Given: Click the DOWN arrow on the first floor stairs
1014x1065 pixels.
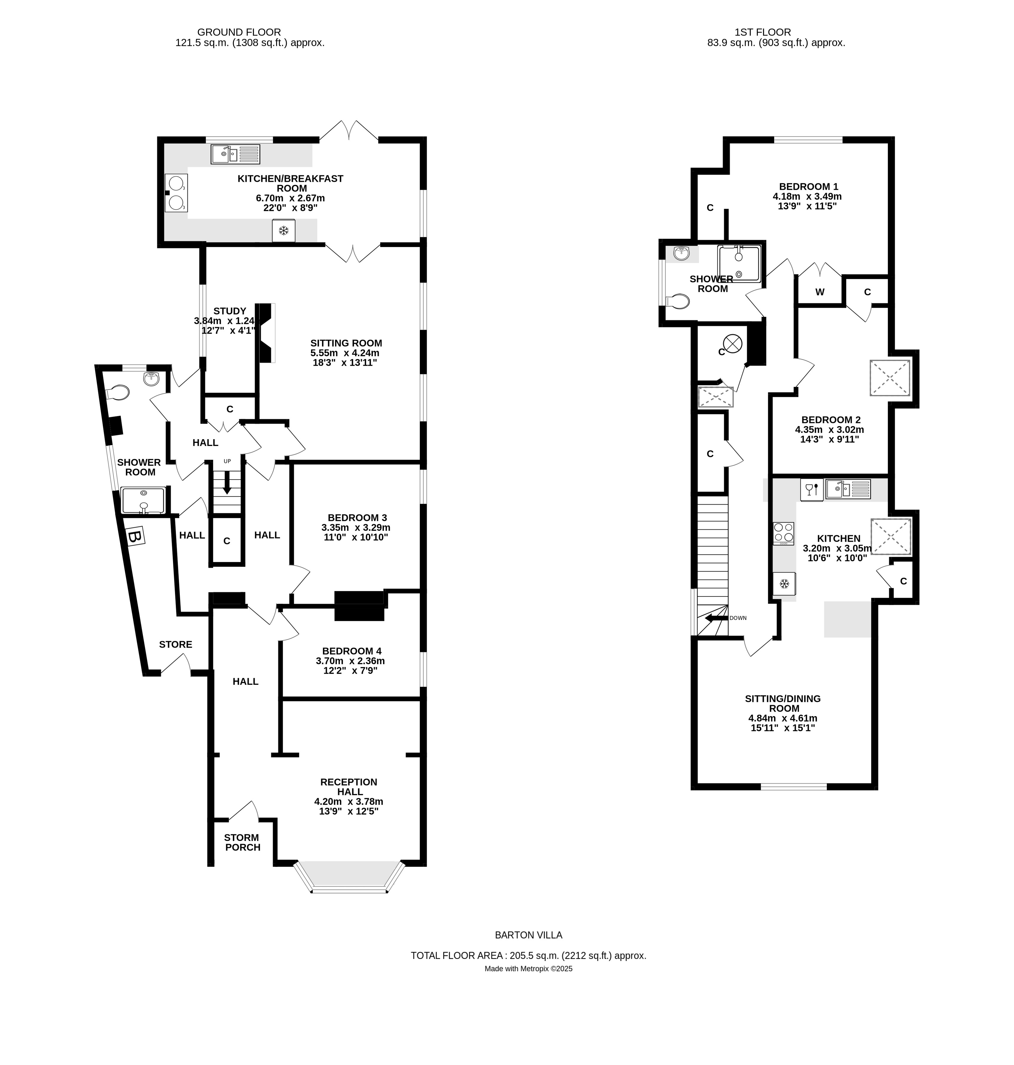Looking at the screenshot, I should [716, 617].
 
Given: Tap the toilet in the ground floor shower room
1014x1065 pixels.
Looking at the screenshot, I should [118, 392].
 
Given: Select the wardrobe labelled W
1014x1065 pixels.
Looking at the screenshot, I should [819, 292].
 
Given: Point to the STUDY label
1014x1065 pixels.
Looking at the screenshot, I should [230, 311].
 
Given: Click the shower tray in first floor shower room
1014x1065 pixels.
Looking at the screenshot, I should [738, 263].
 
